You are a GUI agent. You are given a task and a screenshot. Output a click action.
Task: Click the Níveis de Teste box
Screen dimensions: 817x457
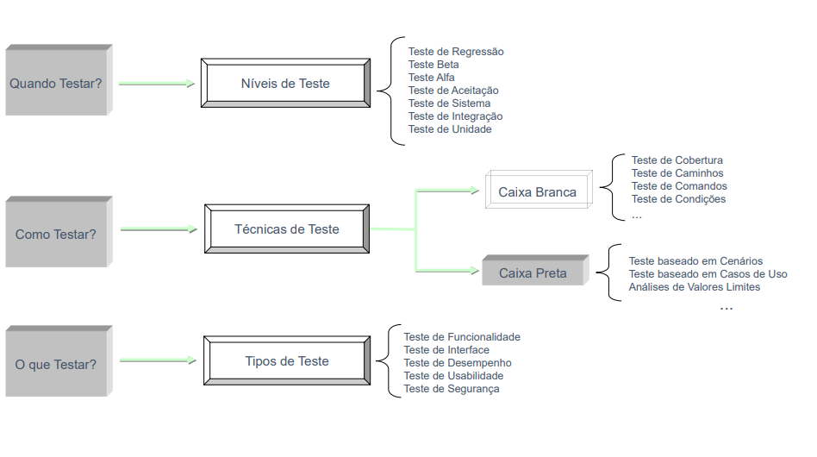tap(285, 84)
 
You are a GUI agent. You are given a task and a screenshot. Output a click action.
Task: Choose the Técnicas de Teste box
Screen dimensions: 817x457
tap(287, 228)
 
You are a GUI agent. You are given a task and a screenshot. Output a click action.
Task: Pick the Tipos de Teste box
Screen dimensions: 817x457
tap(287, 360)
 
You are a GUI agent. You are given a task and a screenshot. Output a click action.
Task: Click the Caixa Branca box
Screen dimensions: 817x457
tap(539, 190)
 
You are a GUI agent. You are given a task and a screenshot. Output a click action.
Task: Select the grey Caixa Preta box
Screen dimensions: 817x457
tap(536, 270)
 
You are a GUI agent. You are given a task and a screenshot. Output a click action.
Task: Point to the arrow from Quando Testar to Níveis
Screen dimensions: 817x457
tap(157, 84)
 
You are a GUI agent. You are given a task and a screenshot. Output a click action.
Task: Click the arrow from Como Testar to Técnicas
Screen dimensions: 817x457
tap(159, 229)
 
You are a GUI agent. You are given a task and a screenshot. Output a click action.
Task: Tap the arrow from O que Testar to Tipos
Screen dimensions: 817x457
tap(158, 360)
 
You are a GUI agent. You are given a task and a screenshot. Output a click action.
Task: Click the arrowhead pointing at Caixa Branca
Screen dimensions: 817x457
tap(475, 191)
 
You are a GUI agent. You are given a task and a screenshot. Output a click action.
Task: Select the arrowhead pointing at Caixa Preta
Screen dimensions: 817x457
tap(475, 271)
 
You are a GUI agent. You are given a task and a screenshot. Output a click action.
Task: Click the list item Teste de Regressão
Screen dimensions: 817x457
tap(456, 52)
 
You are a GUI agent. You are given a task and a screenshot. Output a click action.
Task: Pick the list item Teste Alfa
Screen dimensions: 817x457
tap(432, 77)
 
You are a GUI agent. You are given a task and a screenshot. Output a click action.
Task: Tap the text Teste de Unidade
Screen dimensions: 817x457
tap(450, 129)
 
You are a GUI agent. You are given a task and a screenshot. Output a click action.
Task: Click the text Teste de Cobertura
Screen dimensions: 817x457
tap(677, 160)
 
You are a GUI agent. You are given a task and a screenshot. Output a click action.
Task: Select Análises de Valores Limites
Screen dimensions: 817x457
tap(695, 286)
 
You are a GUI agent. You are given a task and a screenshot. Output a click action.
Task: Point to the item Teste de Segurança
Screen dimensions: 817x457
tap(452, 389)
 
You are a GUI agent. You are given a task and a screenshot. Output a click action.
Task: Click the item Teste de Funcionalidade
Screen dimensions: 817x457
tap(462, 337)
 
